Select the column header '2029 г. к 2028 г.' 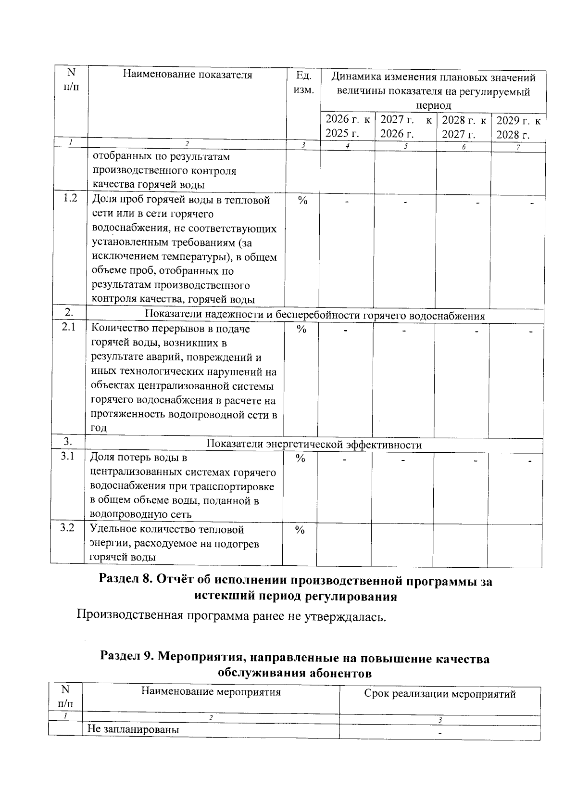[518, 127]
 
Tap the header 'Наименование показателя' [188, 75]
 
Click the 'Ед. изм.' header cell [303, 82]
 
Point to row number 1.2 [70, 199]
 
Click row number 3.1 [68, 457]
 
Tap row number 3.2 [67, 528]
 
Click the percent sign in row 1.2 [302, 201]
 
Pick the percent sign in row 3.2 [300, 530]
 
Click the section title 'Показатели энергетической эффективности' [314, 445]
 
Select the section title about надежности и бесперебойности [315, 316]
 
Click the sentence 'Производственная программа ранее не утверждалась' [231, 616]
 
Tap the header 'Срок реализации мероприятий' [439, 694]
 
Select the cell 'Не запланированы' [133, 729]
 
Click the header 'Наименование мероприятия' [211, 692]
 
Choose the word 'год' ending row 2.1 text [99, 428]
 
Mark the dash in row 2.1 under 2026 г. [345, 331]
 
